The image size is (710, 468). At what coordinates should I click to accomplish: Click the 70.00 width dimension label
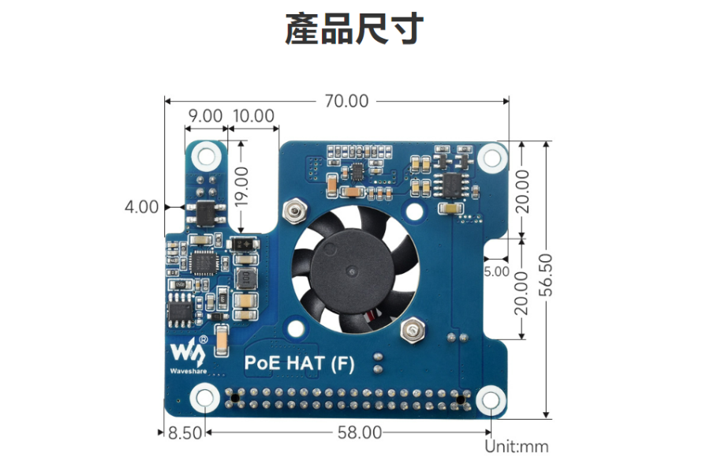pyautogui.click(x=346, y=101)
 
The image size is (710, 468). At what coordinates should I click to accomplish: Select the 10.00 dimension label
pyautogui.click(x=253, y=116)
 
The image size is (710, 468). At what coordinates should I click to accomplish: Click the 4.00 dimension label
pyautogui.click(x=142, y=207)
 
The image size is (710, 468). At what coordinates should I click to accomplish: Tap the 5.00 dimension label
pyautogui.click(x=496, y=271)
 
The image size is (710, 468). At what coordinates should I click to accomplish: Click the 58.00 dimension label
pyautogui.click(x=359, y=432)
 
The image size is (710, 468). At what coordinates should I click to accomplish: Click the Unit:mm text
pyautogui.click(x=516, y=447)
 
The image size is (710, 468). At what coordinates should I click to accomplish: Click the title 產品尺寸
pyautogui.click(x=354, y=30)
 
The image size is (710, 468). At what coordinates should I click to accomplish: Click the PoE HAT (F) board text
pyautogui.click(x=299, y=365)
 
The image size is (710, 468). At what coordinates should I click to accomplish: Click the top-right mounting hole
pyautogui.click(x=491, y=156)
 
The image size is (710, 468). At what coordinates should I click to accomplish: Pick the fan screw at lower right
pyautogui.click(x=413, y=331)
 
